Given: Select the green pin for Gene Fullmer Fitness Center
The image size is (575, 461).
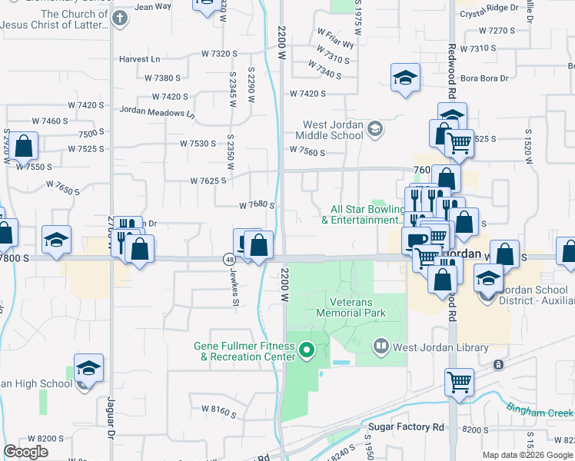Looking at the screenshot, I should tap(307, 351).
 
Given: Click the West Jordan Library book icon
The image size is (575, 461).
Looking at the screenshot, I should tap(380, 347).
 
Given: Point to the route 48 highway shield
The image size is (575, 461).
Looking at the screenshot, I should tap(230, 260).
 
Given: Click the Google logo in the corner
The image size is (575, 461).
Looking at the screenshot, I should tap(26, 452).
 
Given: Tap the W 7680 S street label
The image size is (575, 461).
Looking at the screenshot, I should tap(257, 205).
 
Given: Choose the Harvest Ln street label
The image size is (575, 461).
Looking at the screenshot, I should tap(139, 59).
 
